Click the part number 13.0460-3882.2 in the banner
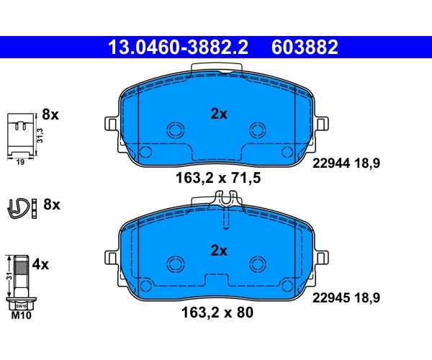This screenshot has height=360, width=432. [178, 47]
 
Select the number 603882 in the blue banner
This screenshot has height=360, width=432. [305, 47]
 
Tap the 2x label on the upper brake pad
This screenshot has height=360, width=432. [219, 114]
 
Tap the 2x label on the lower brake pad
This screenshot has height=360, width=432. [219, 251]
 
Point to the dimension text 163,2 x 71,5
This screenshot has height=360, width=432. [218, 178]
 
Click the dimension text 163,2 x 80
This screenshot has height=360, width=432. [217, 312]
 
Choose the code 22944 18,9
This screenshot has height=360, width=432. [346, 163]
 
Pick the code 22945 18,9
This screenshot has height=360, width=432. [346, 298]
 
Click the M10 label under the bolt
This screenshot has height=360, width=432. [21, 315]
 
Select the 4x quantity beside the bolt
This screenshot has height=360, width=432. [40, 265]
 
